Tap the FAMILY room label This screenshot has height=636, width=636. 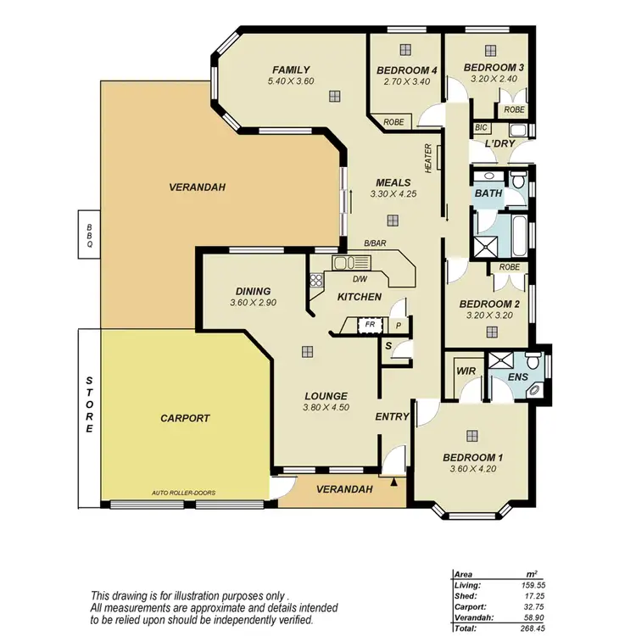tap(291, 70)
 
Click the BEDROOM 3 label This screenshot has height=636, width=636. tap(494, 67)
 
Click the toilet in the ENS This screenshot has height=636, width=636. tap(533, 360)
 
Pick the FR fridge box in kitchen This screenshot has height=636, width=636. tap(370, 324)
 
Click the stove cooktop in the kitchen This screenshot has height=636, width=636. tap(317, 281)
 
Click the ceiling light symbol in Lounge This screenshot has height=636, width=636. tap(307, 351)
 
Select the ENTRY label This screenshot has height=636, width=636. tap(393, 416)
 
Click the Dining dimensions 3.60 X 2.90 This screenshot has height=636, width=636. tap(254, 303)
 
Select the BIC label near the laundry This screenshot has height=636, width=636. tap(482, 127)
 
